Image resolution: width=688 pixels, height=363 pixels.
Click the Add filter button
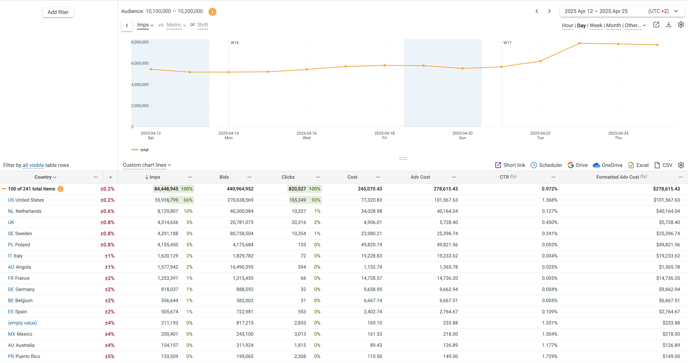58,12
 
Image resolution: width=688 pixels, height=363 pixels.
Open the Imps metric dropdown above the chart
145,25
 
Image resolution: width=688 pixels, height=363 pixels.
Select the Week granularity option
596,25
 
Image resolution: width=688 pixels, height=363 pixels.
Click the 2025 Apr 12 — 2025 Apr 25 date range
596,11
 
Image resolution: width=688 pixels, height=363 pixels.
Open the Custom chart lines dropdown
147,165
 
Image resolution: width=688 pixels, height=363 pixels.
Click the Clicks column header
288,177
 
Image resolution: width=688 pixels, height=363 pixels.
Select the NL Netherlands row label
25,211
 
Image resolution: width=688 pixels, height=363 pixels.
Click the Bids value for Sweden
241,234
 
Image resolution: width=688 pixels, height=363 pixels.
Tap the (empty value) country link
22,323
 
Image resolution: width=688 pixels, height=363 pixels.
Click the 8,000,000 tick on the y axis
140,42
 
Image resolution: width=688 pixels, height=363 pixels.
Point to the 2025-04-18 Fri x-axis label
384,135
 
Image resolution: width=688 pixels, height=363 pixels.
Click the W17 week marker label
507,43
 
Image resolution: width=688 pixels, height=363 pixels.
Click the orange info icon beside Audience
212,12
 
